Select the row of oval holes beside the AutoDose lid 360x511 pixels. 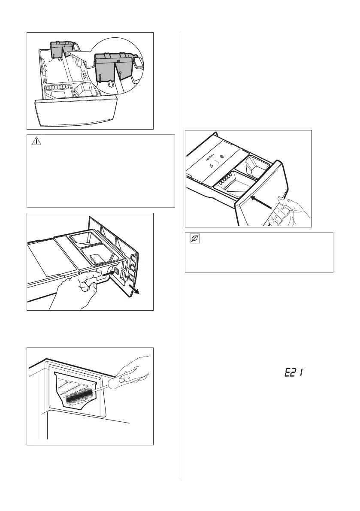(218, 183)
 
